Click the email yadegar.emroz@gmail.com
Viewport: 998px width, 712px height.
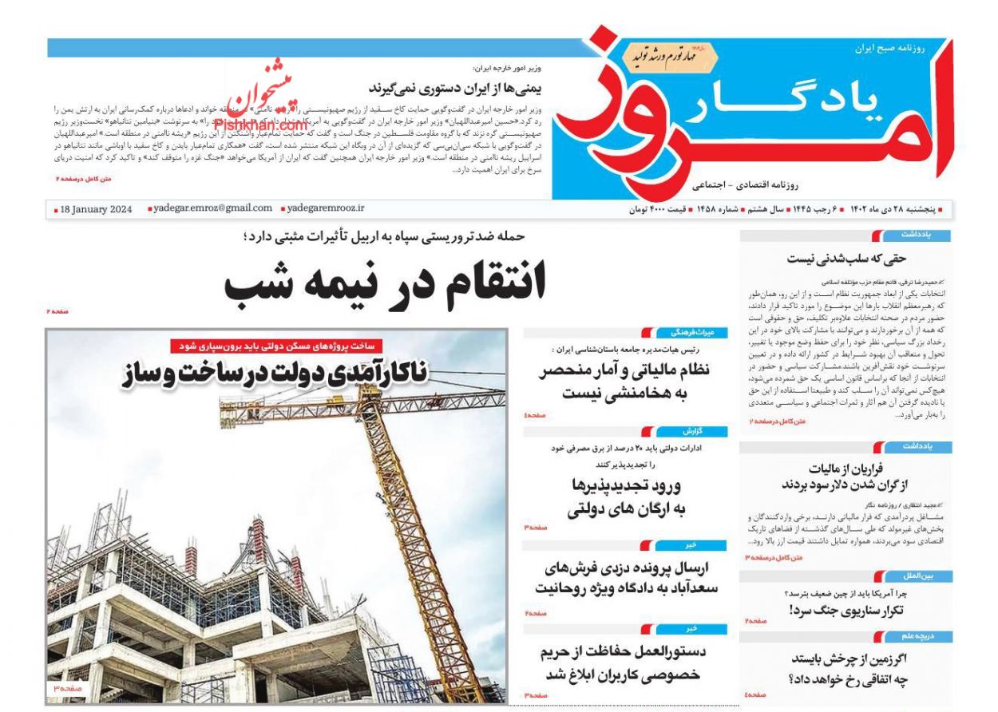coord(212,208)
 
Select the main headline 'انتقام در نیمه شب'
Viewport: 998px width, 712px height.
coord(385,282)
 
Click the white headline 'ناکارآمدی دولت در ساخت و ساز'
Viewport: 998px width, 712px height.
coord(275,373)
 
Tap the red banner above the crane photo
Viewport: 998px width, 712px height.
coord(276,346)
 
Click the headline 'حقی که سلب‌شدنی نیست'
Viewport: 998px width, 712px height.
coord(846,258)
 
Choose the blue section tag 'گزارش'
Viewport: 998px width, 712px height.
coord(691,431)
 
